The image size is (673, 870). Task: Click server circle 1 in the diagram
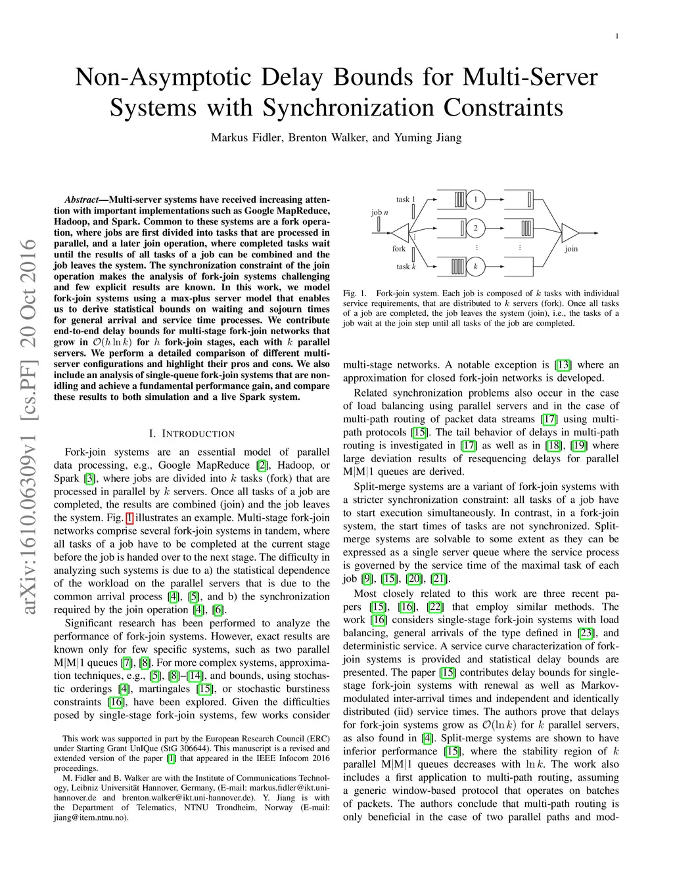475,199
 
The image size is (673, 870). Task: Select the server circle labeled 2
475,228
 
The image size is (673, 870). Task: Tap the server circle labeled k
475,267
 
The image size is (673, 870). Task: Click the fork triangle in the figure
400,232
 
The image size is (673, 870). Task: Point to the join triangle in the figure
570,232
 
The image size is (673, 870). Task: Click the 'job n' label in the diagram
380,212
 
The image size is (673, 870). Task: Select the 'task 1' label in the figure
406,199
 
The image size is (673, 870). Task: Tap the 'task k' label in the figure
406,267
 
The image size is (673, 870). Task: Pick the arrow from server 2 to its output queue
500,228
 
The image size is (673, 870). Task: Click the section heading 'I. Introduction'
191,433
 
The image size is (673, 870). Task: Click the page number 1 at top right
616,36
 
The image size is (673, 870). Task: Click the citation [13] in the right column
563,365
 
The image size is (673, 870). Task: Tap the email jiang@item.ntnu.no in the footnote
91,817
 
